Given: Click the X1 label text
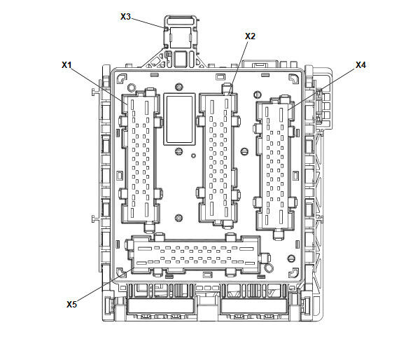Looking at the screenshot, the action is click(x=66, y=64).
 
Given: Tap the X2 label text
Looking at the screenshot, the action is click(x=250, y=36).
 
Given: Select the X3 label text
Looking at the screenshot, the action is click(x=125, y=17).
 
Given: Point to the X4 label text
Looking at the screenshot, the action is click(x=360, y=64).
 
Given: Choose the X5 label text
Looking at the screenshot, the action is click(x=71, y=304).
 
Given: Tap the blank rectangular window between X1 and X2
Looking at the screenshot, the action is click(x=179, y=119).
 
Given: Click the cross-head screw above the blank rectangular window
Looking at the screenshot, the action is click(x=179, y=87).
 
